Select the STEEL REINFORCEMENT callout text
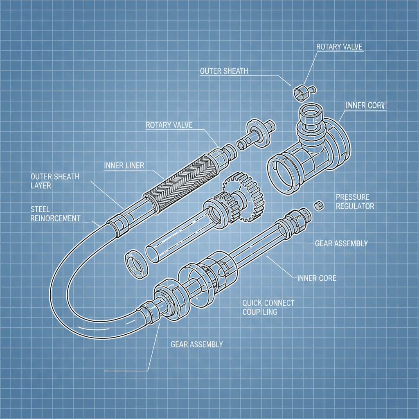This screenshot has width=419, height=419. click(56, 214)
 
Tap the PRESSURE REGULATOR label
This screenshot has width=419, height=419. click(355, 201)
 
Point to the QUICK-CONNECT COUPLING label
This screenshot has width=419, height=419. click(268, 307)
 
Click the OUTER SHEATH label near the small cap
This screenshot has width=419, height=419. click(224, 71)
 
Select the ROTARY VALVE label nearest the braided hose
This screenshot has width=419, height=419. click(169, 125)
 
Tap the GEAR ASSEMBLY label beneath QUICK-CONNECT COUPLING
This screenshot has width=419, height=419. click(196, 344)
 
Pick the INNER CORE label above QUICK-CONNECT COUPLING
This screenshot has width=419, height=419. click(317, 278)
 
